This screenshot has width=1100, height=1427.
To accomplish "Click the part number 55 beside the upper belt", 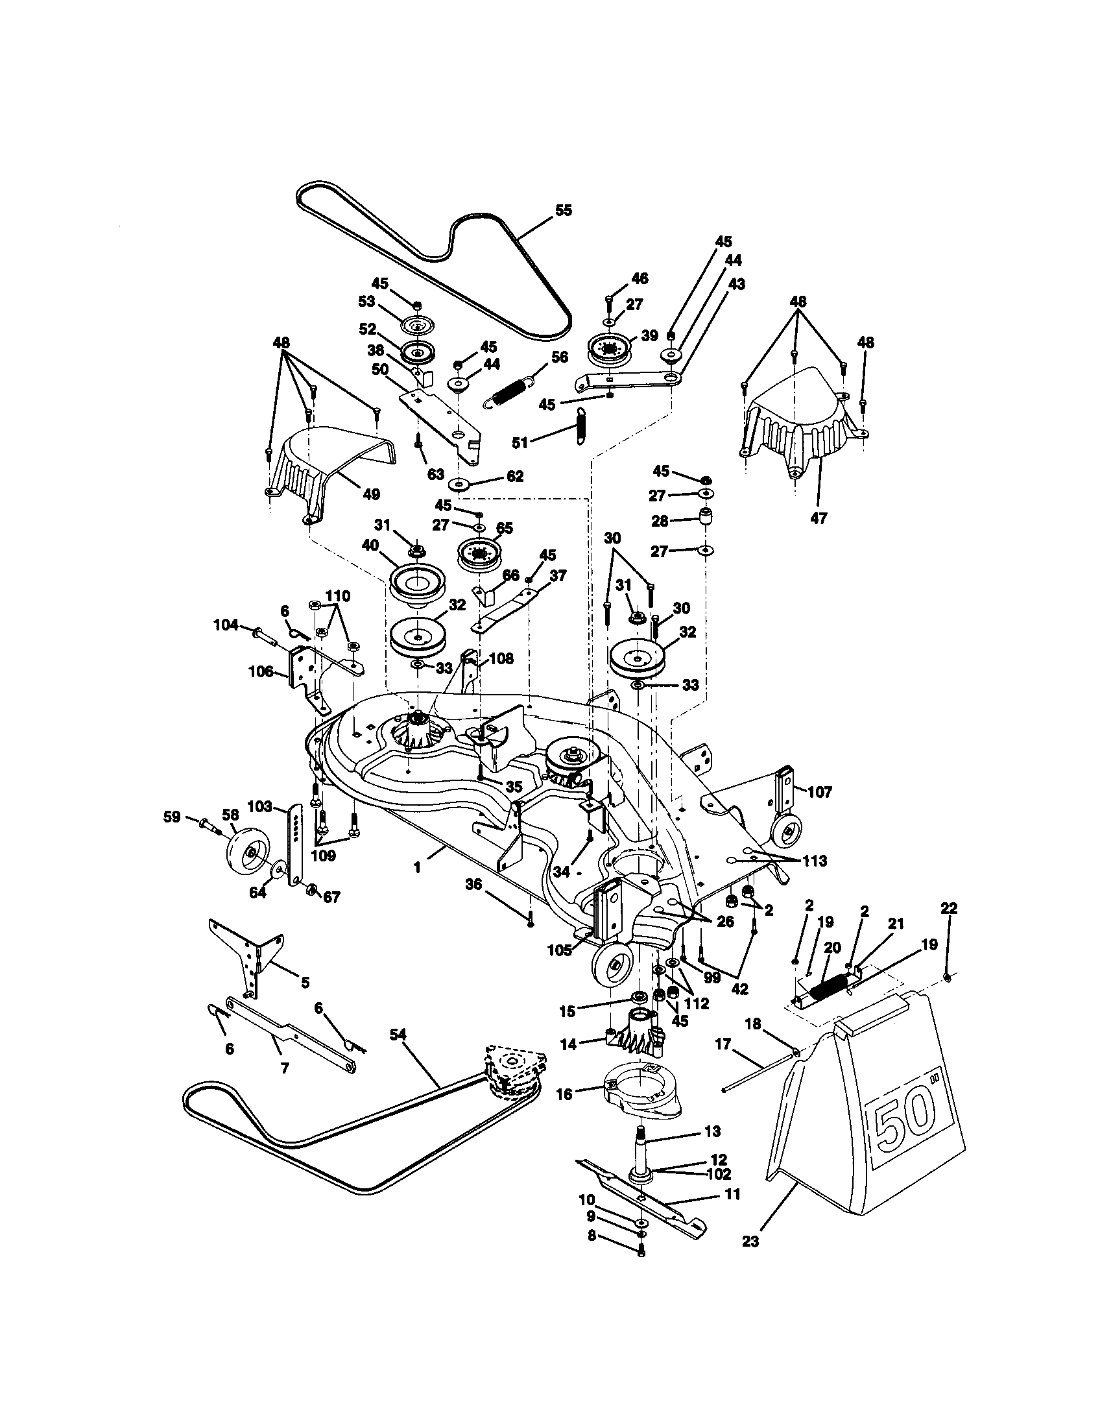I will [563, 210].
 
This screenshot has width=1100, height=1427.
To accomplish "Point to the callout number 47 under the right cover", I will [819, 518].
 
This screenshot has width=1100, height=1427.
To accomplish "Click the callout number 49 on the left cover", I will [371, 495].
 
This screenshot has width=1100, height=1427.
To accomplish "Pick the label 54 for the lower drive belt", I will [398, 1052].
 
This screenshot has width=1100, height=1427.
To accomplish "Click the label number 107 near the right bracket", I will [820, 793].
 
